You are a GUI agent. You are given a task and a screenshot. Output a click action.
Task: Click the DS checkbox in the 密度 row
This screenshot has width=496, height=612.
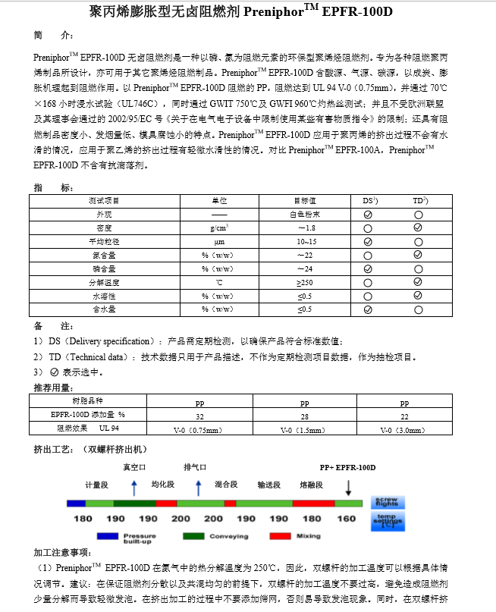[368, 228]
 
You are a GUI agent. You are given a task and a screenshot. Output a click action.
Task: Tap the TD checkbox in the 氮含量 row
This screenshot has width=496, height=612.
[418, 255]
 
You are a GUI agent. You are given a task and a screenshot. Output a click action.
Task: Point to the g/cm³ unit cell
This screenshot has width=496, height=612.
[218, 228]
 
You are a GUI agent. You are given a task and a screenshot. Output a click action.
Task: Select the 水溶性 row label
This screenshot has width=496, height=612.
[105, 296]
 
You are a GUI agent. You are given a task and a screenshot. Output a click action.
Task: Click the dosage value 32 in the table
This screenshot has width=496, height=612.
[199, 416]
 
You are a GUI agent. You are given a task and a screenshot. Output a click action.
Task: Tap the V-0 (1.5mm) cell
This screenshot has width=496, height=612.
[303, 430]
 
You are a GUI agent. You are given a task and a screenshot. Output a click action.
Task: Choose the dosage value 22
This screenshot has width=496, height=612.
[404, 416]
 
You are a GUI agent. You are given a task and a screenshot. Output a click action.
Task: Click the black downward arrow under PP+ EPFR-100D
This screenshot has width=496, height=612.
[348, 486]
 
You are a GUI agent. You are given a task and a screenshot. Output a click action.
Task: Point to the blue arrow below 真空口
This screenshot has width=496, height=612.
[134, 486]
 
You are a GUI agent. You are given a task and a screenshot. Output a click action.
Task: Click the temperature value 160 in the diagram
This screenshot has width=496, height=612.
[346, 519]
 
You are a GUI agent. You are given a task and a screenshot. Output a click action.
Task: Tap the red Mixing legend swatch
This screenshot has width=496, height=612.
[281, 535]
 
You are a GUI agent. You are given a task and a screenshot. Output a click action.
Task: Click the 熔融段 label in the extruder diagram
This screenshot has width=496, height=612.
[312, 485]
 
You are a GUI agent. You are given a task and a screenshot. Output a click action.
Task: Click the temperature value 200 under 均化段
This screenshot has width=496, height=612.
[181, 519]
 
